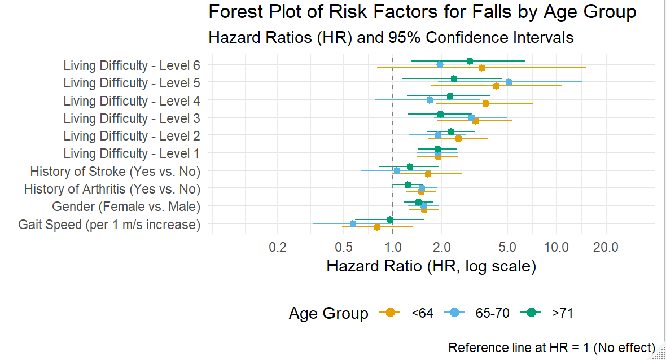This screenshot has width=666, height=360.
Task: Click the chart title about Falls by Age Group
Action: [422, 12]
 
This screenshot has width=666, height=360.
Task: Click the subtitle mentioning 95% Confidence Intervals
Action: [391, 38]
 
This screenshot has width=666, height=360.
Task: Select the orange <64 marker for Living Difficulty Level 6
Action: [481, 68]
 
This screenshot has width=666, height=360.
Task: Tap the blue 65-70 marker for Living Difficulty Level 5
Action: [509, 82]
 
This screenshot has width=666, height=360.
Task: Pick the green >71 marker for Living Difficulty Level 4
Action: [450, 96]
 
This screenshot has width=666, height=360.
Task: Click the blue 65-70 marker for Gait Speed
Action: [353, 223]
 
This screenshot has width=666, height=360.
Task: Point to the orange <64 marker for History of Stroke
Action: [428, 174]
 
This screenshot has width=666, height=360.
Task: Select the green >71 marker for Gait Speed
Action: [390, 219]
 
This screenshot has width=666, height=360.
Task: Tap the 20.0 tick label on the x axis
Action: [606, 247]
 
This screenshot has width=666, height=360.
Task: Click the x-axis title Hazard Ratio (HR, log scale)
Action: [431, 266]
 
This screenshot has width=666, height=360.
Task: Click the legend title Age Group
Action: [328, 313]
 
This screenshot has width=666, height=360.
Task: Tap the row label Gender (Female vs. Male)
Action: [126, 207]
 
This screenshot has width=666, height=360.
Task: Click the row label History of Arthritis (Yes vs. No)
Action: [112, 188]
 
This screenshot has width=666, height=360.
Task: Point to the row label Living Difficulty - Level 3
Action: [132, 118]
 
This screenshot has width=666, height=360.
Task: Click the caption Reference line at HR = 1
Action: [551, 348]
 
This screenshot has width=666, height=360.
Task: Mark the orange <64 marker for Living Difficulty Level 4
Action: [485, 104]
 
